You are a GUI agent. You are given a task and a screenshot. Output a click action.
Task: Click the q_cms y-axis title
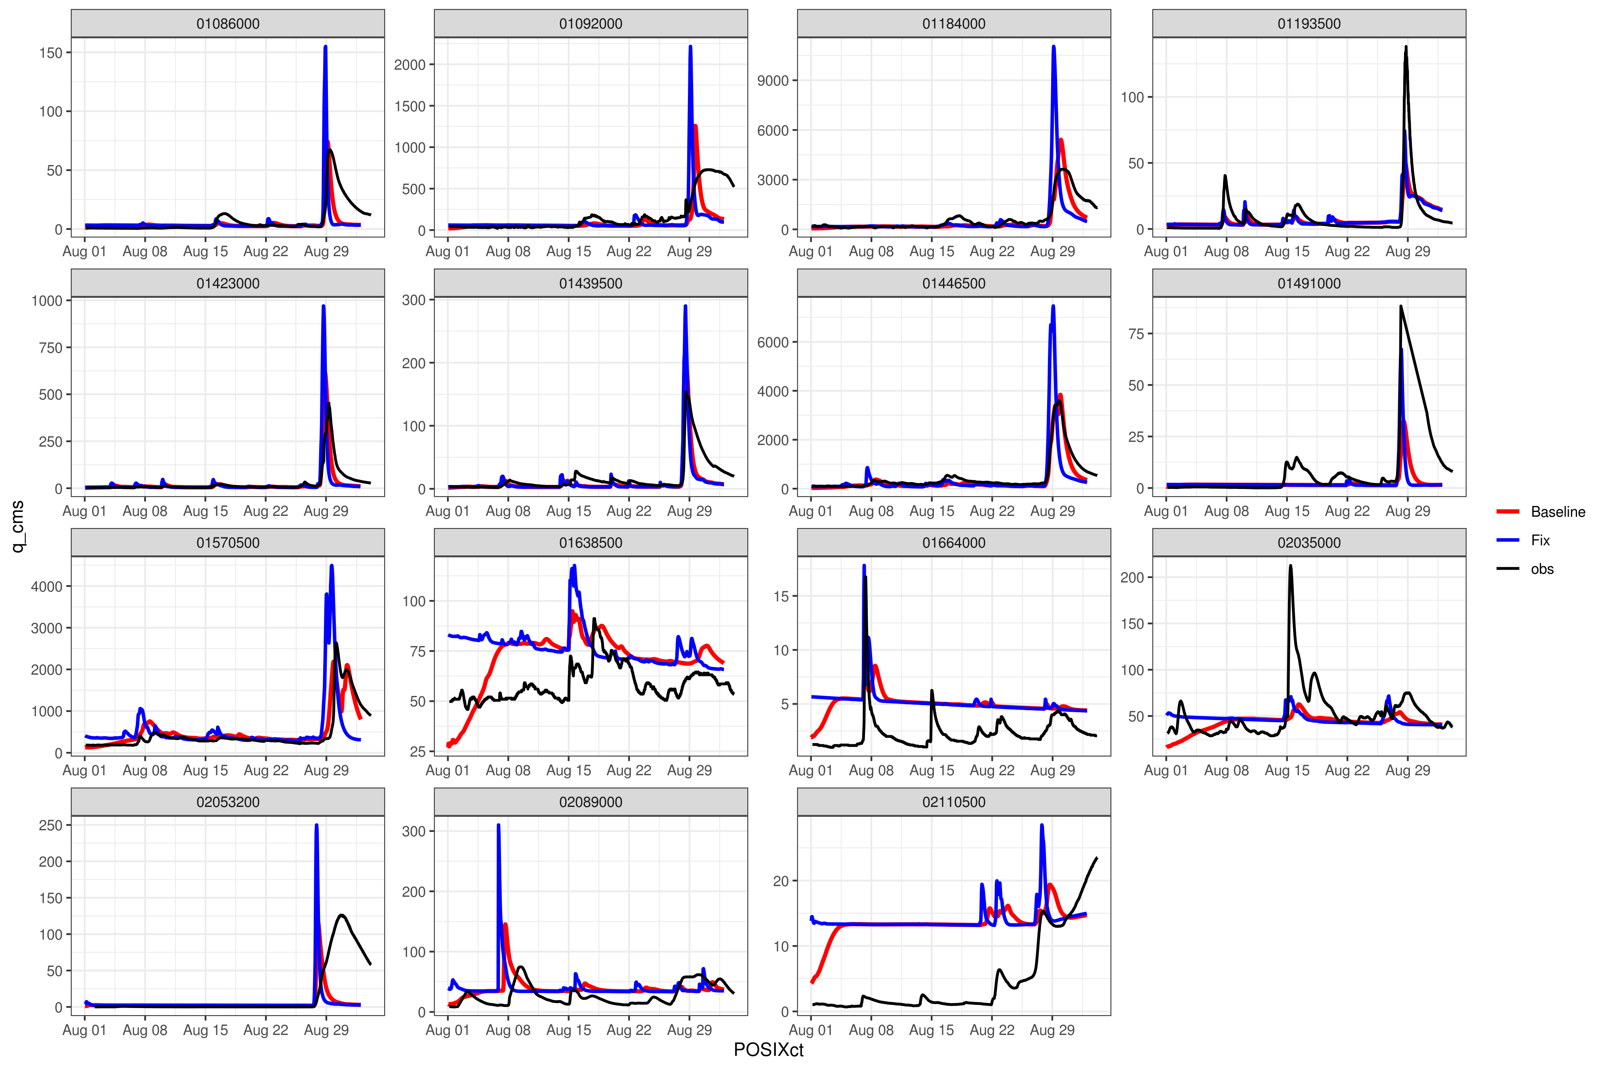pos(18,526)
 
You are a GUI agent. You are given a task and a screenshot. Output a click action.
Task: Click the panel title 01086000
pos(228,24)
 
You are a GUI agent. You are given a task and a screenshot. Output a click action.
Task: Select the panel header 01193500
pos(1309,24)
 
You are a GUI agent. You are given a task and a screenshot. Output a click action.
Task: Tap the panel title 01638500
pos(591,543)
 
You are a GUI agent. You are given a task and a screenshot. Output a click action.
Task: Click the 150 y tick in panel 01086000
pos(51,53)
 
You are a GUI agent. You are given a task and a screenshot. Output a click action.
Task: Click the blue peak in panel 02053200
pos(316,826)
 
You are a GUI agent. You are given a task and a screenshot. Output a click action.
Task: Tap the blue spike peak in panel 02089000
pos(499,826)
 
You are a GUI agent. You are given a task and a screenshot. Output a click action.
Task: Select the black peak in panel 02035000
pos(1290,566)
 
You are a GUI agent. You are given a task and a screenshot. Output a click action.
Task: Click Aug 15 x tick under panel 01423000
pos(205,511)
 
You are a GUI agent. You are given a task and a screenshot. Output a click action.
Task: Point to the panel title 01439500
pos(591,283)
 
